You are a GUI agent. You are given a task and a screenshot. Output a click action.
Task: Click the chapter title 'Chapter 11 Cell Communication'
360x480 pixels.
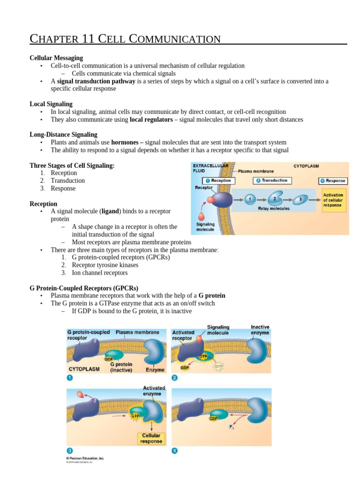click(x=125, y=38)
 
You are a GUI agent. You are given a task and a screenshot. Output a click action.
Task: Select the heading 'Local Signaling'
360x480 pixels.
click(x=51, y=104)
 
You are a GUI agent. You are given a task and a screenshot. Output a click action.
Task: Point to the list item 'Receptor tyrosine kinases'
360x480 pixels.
click(x=105, y=265)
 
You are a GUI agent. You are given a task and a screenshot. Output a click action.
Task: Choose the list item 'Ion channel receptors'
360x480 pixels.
click(x=99, y=273)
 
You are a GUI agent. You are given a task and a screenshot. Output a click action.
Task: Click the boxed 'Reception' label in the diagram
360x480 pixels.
click(x=218, y=180)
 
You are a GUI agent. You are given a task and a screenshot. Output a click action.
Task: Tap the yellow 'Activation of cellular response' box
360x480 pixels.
click(x=333, y=200)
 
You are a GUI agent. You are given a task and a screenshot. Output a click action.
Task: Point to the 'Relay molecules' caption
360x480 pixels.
click(x=274, y=209)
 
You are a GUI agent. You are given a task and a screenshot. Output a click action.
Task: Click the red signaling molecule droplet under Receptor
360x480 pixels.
click(x=202, y=217)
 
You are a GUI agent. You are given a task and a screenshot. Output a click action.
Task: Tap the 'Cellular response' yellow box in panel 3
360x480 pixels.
click(x=151, y=438)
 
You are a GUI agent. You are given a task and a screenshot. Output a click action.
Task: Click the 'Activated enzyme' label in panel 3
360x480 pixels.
click(x=152, y=391)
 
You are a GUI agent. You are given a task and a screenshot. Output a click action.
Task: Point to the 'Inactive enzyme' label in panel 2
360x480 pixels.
click(x=260, y=330)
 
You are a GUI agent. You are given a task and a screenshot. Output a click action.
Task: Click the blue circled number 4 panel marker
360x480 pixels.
click(x=175, y=451)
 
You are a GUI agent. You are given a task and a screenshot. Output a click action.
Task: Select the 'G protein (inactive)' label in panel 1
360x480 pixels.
click(x=121, y=367)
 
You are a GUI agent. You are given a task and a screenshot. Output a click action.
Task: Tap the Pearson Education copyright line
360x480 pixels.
click(x=85, y=458)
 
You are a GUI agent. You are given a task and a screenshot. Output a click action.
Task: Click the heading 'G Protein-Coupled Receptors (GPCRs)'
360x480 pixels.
click(x=84, y=288)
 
